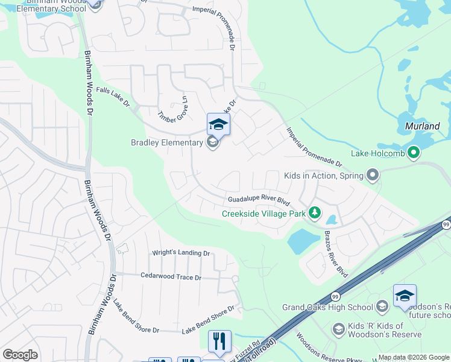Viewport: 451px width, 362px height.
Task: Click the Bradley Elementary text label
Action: pyautogui.click(x=167, y=142)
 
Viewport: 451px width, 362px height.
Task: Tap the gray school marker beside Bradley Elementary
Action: pyautogui.click(x=212, y=142)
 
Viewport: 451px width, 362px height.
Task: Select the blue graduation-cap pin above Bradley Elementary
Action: pyautogui.click(x=218, y=125)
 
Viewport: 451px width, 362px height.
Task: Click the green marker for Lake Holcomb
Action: pyautogui.click(x=414, y=153)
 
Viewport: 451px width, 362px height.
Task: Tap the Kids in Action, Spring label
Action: pyautogui.click(x=324, y=176)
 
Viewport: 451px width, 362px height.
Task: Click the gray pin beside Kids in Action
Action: pyautogui.click(x=372, y=176)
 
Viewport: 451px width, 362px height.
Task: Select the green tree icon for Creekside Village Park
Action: pyautogui.click(x=314, y=213)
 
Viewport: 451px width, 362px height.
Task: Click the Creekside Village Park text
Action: pyautogui.click(x=263, y=213)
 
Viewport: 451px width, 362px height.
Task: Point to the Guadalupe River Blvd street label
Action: pyautogui.click(x=259, y=200)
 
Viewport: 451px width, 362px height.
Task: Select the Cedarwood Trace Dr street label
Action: pyautogui.click(x=170, y=278)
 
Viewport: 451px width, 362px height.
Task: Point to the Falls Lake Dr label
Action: pyautogui.click(x=113, y=97)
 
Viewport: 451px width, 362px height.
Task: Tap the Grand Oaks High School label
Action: pyautogui.click(x=327, y=307)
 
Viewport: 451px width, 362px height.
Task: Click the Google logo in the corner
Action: pyautogui.click(x=20, y=354)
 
